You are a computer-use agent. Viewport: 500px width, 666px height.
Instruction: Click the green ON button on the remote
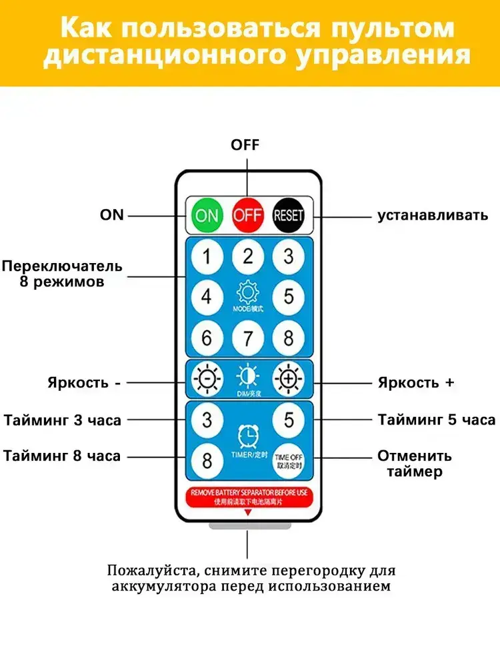[207, 215]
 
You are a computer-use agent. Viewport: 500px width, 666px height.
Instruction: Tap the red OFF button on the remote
[248, 215]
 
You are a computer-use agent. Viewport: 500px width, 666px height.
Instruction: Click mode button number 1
[207, 256]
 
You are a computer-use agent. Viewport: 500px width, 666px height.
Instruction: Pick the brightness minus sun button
[207, 378]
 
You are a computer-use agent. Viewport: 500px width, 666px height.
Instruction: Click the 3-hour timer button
[207, 420]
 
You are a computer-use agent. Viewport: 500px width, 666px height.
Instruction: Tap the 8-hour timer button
[207, 460]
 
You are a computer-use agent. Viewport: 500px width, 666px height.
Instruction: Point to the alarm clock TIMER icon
[248, 436]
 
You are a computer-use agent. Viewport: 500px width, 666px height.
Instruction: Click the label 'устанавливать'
[433, 215]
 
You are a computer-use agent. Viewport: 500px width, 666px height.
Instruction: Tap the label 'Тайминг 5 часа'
[437, 420]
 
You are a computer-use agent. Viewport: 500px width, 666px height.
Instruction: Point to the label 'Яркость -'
[83, 383]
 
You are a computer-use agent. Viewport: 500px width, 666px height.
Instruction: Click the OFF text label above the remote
[245, 145]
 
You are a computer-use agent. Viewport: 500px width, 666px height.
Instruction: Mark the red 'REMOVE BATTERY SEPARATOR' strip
[248, 496]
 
